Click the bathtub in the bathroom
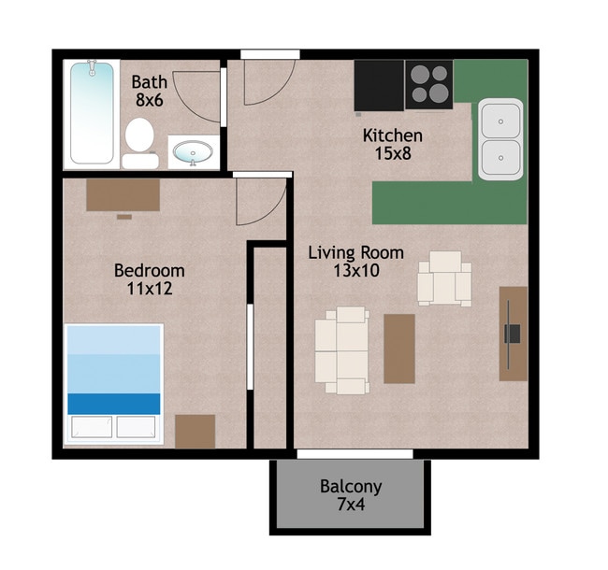[92, 113]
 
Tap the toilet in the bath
[140, 143]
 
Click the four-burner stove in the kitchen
[429, 84]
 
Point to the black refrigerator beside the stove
[379, 85]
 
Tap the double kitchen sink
[500, 139]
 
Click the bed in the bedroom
[113, 384]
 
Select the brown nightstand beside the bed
[195, 432]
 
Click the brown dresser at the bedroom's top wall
[123, 195]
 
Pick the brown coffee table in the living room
[399, 349]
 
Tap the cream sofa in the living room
[341, 350]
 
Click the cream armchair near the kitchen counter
[444, 278]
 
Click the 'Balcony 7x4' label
[351, 495]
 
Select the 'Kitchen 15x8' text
[393, 145]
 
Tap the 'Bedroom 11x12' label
[150, 279]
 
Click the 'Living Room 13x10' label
[356, 262]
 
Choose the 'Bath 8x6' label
[150, 91]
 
